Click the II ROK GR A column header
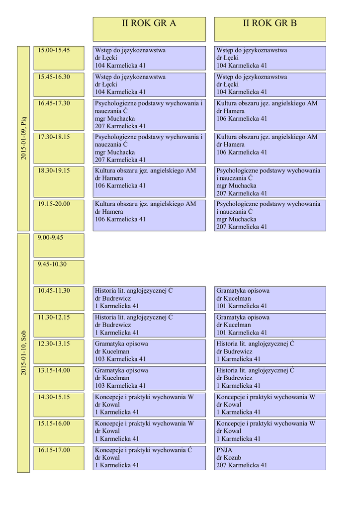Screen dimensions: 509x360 coord(149,29)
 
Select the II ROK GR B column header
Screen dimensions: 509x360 coord(270,29)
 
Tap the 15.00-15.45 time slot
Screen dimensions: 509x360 coord(59,58)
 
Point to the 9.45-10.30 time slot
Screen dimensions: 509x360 coord(59,272)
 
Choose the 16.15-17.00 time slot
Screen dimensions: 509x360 coord(59,458)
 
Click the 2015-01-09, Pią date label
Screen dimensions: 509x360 coord(23,138)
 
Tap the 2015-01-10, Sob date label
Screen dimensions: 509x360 coord(23,353)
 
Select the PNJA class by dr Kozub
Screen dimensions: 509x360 coord(270,458)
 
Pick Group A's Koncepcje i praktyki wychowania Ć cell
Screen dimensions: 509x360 coord(149,458)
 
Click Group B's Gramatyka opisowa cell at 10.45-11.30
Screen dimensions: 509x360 coord(270,298)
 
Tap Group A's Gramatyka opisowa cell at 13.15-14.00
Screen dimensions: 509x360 coord(149,378)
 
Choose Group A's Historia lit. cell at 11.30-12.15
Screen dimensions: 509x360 coord(149,325)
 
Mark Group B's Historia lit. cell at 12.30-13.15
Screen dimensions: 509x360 coord(270,351)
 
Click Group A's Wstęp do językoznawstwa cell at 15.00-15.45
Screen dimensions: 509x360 coord(149,58)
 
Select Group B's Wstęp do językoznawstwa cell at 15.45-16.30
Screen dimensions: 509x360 coord(270,85)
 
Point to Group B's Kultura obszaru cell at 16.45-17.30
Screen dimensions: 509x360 coord(270,115)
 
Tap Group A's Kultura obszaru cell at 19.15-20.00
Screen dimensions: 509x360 coord(149,215)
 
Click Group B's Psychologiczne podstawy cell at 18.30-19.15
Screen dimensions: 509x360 coord(270,182)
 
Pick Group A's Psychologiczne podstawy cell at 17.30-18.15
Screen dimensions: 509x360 coord(149,148)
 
